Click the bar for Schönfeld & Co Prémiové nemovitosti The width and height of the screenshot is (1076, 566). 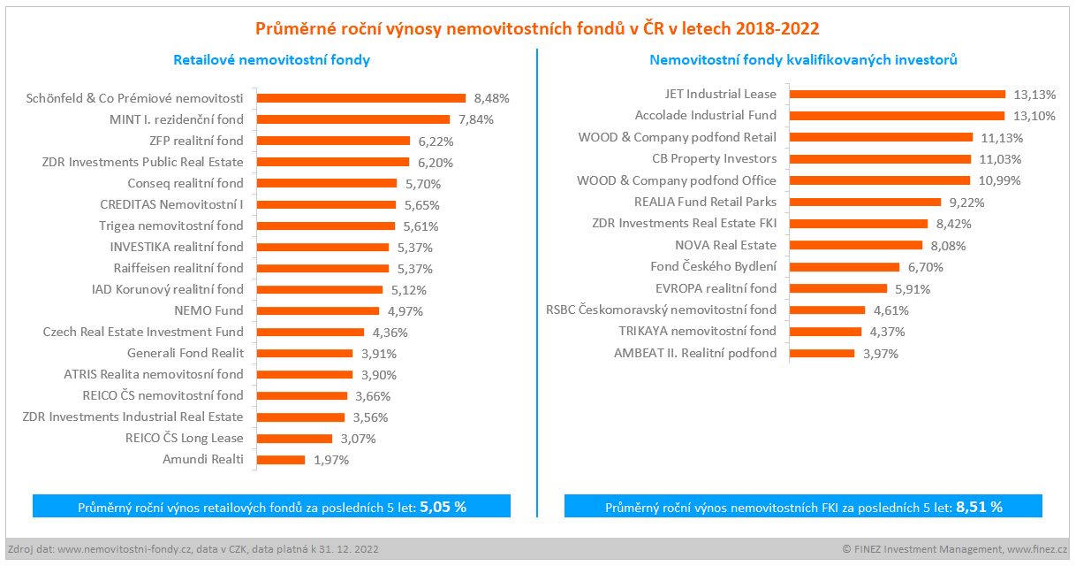(x=361, y=98)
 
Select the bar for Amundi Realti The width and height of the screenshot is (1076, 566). (x=281, y=460)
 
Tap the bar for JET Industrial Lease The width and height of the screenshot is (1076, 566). (x=897, y=94)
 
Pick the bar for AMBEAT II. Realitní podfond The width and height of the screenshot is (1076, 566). (x=822, y=354)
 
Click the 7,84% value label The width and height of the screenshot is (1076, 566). (x=476, y=119)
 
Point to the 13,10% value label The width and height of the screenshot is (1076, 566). (x=1036, y=116)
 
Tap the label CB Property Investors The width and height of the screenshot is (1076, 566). (x=715, y=158)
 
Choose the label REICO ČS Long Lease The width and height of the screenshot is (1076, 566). (x=185, y=438)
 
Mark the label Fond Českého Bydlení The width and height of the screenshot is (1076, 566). (x=714, y=266)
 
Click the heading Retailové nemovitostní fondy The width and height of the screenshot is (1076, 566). (x=271, y=60)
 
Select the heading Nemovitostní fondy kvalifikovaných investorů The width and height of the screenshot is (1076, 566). (x=804, y=60)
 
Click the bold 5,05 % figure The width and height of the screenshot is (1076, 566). (x=443, y=508)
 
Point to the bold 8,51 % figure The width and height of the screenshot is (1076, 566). (x=979, y=508)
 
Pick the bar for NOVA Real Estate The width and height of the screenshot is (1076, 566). (x=855, y=245)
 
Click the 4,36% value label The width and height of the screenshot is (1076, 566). (x=390, y=333)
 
